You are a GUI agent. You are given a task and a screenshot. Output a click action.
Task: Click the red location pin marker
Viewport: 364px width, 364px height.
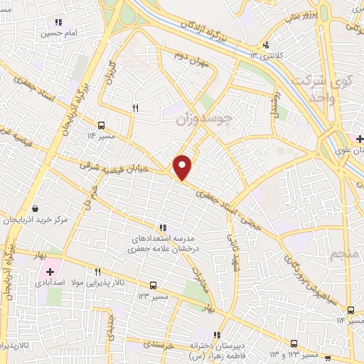(x=183, y=167)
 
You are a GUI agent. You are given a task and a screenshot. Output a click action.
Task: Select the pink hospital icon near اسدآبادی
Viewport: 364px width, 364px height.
(x=50, y=271)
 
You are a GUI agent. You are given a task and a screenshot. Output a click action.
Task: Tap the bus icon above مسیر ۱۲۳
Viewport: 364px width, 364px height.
(x=154, y=284)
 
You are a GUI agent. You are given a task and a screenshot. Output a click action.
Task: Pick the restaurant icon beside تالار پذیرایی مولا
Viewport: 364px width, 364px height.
(x=98, y=271)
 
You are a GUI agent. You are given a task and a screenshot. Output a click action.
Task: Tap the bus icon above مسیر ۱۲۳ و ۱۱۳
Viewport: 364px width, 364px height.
(x=294, y=343)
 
